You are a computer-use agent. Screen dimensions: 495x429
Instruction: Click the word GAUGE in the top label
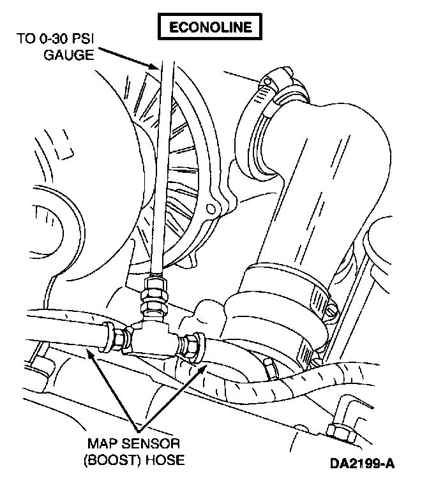(69, 55)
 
